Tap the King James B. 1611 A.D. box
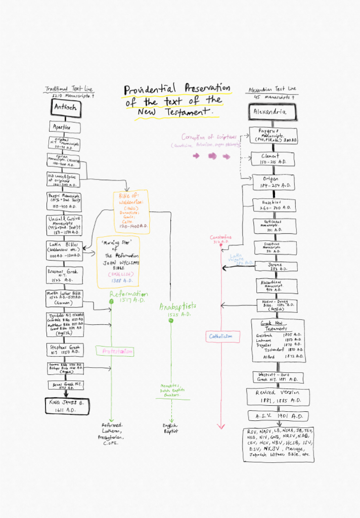pos(65,406)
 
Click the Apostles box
pos(64,127)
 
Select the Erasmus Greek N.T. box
pos(65,276)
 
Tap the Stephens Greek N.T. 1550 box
pos(65,350)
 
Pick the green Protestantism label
pos(118,351)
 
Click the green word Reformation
pos(128,294)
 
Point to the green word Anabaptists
pos(177,307)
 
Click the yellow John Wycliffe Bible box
pos(118,262)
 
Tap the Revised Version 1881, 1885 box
pos(278,397)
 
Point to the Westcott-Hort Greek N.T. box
pos(278,377)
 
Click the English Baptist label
pos(170,428)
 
